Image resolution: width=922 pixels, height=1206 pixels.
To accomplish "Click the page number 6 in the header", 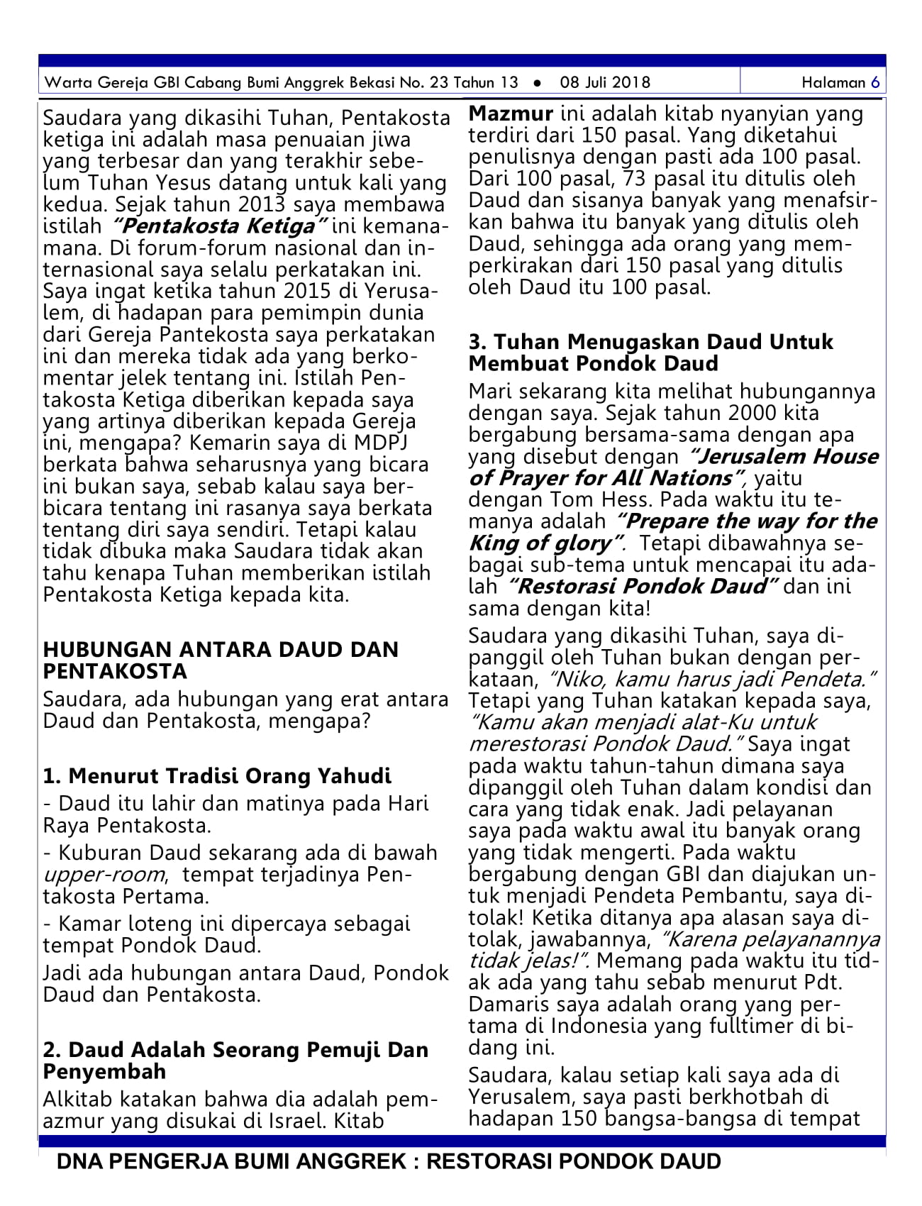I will pyautogui.click(x=876, y=82).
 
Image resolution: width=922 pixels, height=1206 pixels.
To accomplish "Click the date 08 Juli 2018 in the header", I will pyautogui.click(x=604, y=82).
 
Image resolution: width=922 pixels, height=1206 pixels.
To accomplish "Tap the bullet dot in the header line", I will pyautogui.click(x=538, y=83).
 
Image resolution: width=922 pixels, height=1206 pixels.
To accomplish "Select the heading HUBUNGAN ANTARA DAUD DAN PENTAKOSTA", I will pyautogui.click(x=221, y=660).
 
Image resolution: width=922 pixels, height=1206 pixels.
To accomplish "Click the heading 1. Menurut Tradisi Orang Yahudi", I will pyautogui.click(x=217, y=775).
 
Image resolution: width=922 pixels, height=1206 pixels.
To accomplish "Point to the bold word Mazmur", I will pyautogui.click(x=511, y=114).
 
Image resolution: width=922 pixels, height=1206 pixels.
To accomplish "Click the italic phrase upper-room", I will pyautogui.click(x=104, y=874).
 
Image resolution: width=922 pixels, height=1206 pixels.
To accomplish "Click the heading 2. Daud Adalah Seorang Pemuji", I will pyautogui.click(x=235, y=1049).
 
